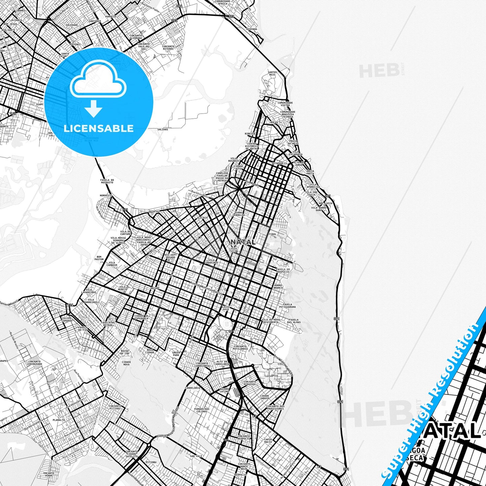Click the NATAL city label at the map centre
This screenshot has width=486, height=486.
point(243,242)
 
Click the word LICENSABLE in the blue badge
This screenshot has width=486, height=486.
point(99,128)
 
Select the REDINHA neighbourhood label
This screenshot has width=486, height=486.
point(252,29)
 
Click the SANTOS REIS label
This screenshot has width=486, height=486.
point(272,73)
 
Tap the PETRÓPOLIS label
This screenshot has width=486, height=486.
point(280,163)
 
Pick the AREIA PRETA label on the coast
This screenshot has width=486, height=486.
point(310,173)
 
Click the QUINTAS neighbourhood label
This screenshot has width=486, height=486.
point(153,212)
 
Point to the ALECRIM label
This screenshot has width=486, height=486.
point(202,218)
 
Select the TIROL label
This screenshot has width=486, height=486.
point(272,234)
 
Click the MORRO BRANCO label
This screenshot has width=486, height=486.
point(278,287)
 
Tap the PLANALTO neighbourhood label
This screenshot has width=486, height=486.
point(59,420)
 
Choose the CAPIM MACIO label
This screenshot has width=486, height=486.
point(268,441)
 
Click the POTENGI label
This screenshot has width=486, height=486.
point(76,44)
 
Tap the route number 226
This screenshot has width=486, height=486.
point(70,305)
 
